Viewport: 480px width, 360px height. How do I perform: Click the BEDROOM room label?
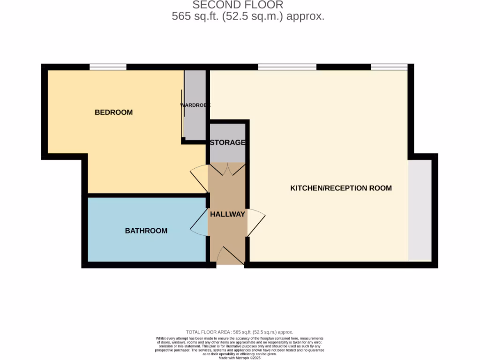pyautogui.click(x=113, y=112)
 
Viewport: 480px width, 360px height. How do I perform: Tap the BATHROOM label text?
pyautogui.click(x=146, y=231)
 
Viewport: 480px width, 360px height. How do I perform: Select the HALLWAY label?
pyautogui.click(x=227, y=214)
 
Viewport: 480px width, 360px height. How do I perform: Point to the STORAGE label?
pyautogui.click(x=227, y=142)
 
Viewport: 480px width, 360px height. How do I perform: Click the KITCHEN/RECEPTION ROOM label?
pyautogui.click(x=341, y=188)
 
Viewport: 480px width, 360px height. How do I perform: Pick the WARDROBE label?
pyautogui.click(x=195, y=105)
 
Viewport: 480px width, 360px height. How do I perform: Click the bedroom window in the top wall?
pyautogui.click(x=108, y=67)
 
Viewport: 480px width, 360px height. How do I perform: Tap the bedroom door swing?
pyautogui.click(x=199, y=178)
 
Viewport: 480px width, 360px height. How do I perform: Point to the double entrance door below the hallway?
pyautogui.click(x=230, y=256)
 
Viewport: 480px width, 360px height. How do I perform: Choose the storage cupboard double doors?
pyautogui.click(x=227, y=169)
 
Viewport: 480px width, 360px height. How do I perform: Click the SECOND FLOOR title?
pyautogui.click(x=238, y=5)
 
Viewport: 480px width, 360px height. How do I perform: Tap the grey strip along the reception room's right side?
pyautogui.click(x=420, y=210)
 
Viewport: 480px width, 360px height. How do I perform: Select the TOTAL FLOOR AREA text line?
pyautogui.click(x=240, y=332)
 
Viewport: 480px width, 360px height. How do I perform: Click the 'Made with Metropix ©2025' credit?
pyautogui.click(x=240, y=358)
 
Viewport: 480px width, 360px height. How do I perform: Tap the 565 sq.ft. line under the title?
pyautogui.click(x=248, y=16)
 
